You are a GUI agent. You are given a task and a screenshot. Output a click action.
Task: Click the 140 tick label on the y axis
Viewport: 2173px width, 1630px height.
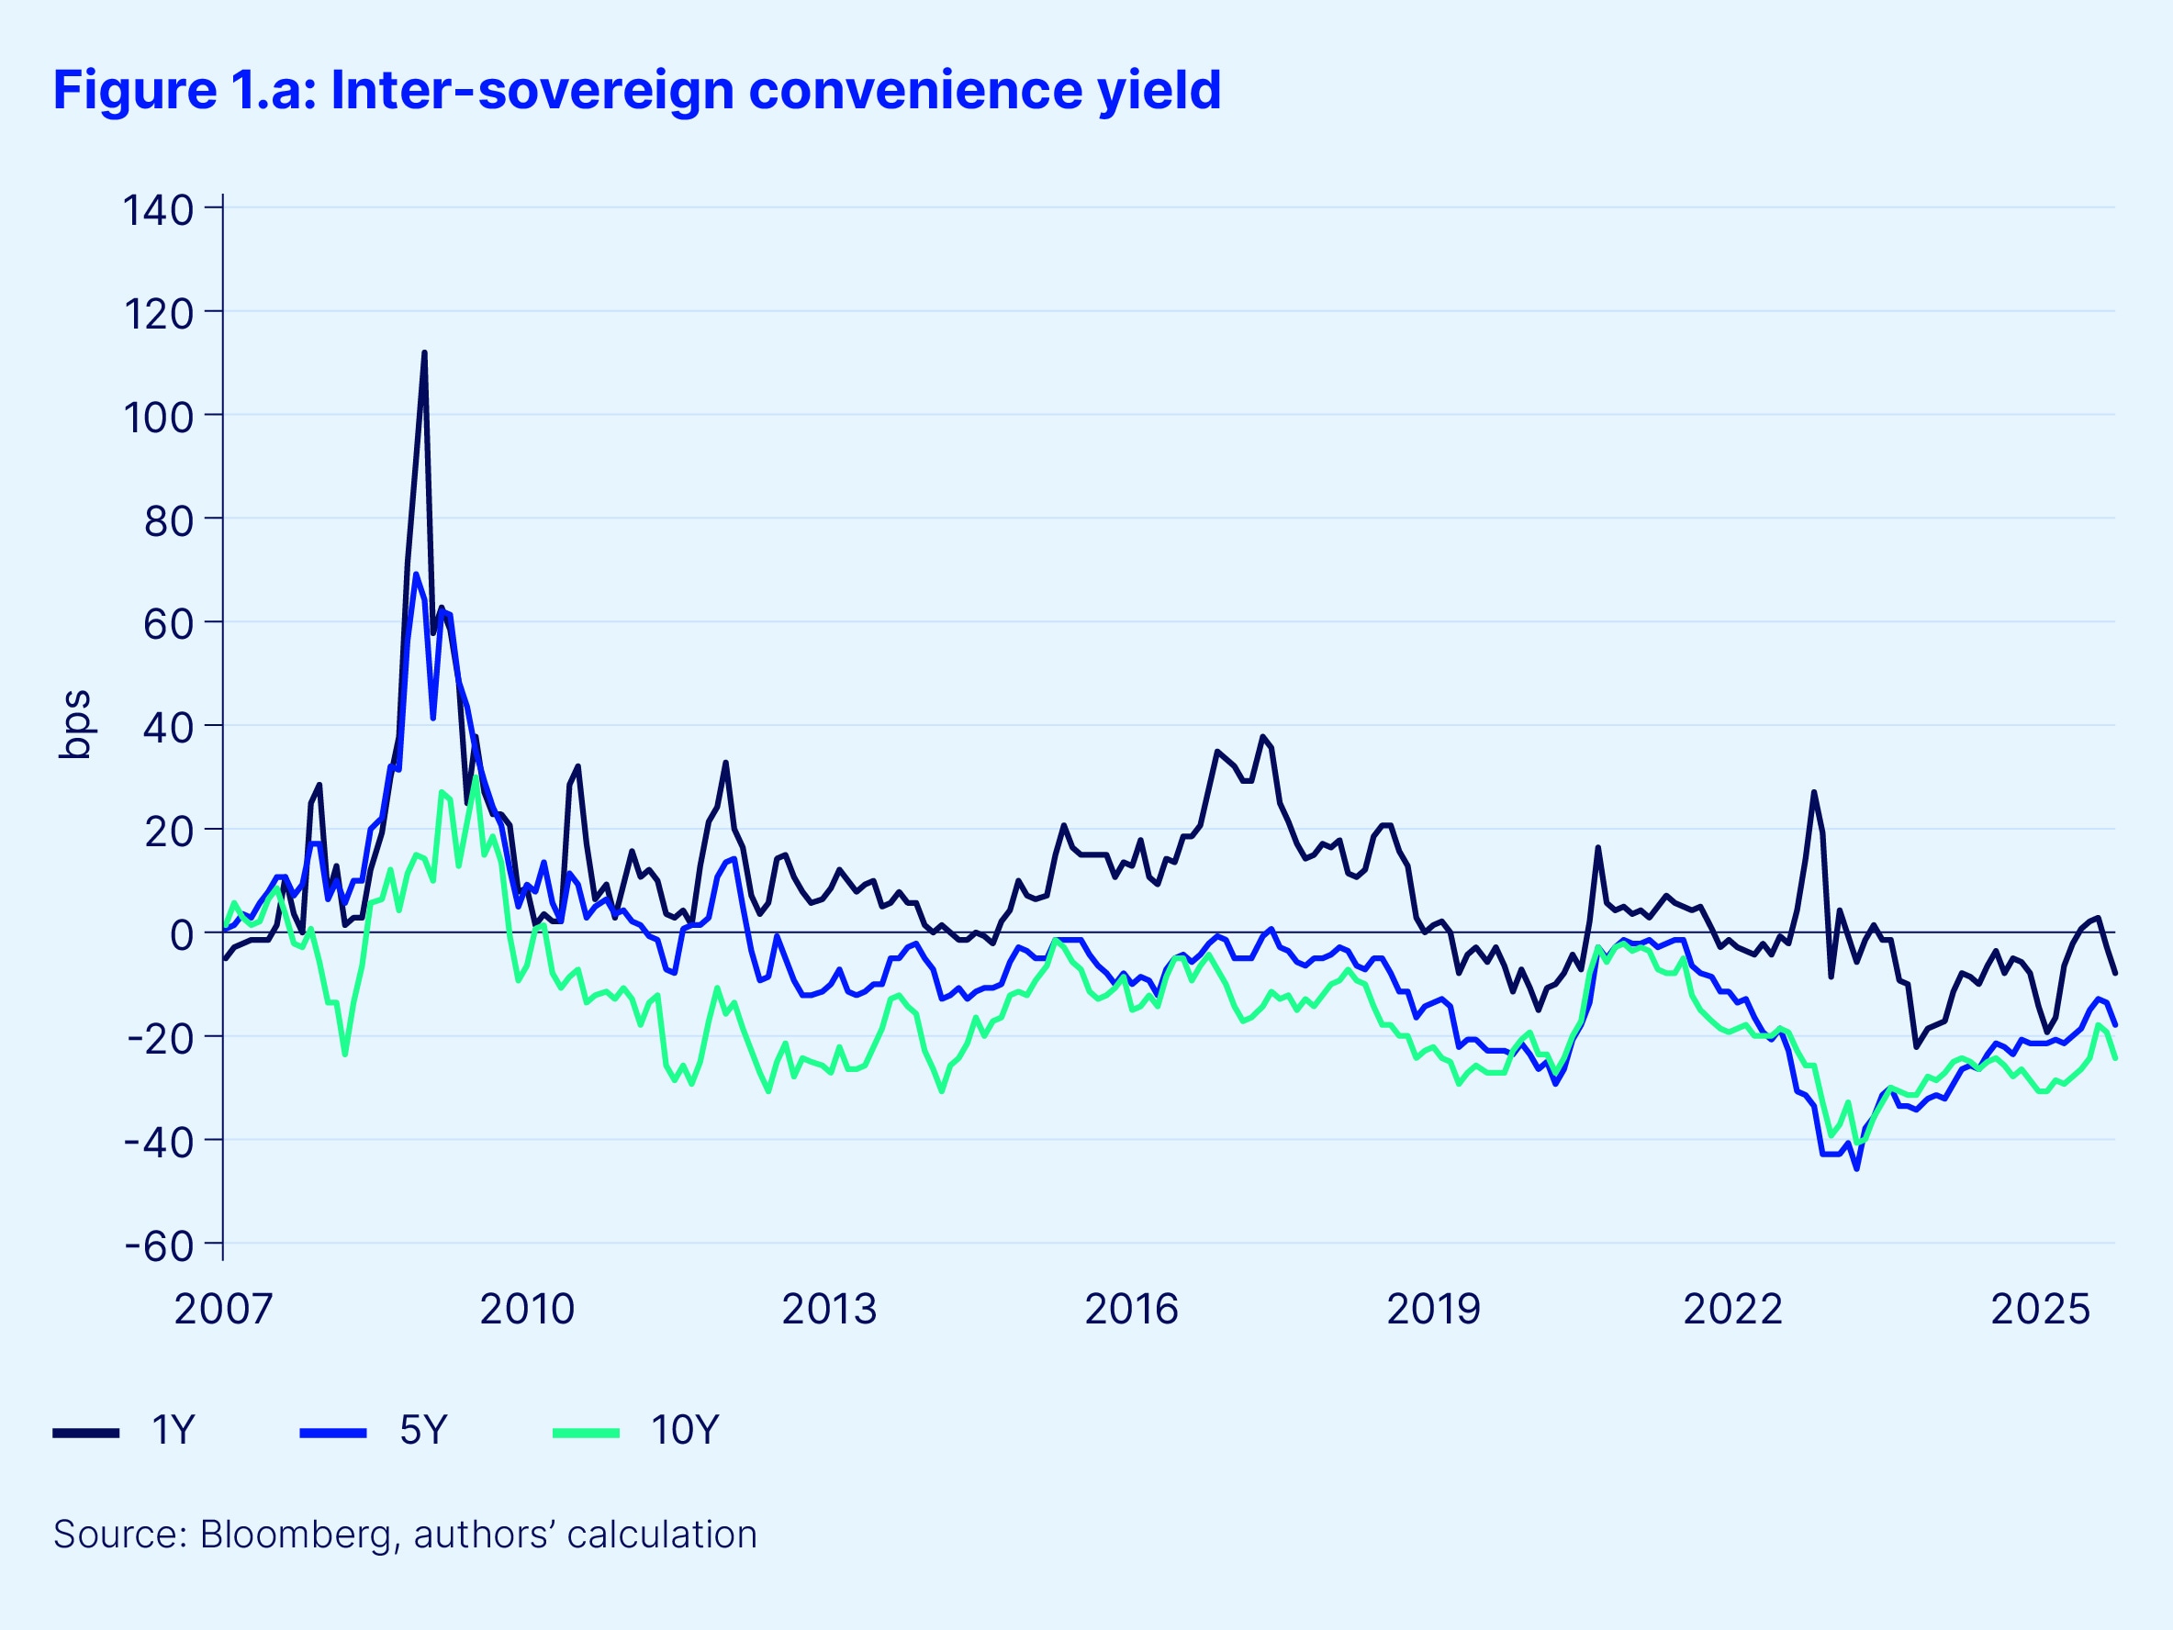[157, 210]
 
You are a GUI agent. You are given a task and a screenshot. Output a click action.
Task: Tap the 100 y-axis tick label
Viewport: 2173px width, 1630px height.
[157, 418]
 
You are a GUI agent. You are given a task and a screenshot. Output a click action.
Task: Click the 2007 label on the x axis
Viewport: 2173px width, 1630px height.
[223, 1309]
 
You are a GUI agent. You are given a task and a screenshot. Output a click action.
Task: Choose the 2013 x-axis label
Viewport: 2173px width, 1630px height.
[828, 1309]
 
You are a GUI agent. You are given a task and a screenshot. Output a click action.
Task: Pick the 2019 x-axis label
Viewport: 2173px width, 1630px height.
[1433, 1309]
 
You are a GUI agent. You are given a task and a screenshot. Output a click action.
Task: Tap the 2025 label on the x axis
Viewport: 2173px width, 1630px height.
[2039, 1309]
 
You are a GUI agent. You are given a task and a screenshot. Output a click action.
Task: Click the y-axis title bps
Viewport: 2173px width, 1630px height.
[75, 725]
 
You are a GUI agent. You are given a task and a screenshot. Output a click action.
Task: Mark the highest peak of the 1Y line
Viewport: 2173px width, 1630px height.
[424, 352]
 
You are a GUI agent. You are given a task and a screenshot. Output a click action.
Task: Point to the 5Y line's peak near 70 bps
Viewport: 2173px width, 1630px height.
[416, 575]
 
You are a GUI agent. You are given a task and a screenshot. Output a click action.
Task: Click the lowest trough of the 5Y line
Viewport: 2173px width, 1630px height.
[1855, 1168]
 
